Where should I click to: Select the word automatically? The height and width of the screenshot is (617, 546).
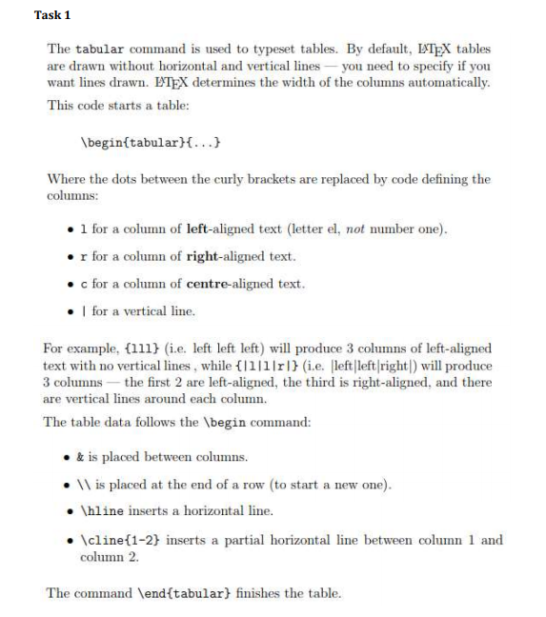pyautogui.click(x=453, y=83)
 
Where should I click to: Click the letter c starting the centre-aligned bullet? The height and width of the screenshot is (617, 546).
pyautogui.click(x=84, y=284)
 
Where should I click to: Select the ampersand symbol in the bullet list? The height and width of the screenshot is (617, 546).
pyautogui.click(x=84, y=456)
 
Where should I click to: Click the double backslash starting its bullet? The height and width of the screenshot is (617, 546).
pyautogui.click(x=88, y=484)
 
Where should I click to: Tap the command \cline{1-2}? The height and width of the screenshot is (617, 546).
pyautogui.click(x=120, y=540)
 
